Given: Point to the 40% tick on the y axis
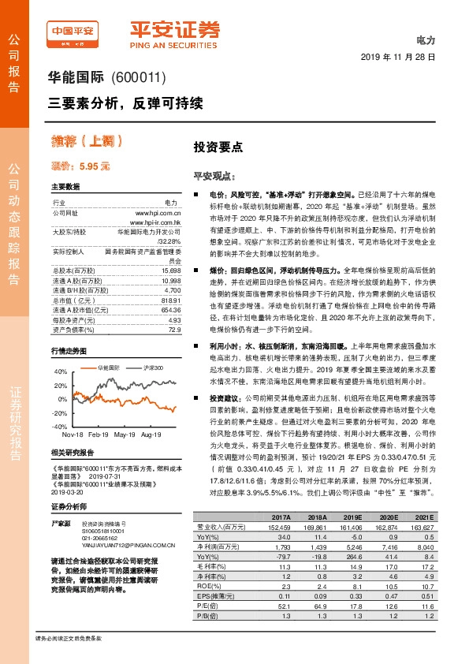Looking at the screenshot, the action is click(x=60, y=370).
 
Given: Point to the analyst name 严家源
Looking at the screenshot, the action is click(x=61, y=502).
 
